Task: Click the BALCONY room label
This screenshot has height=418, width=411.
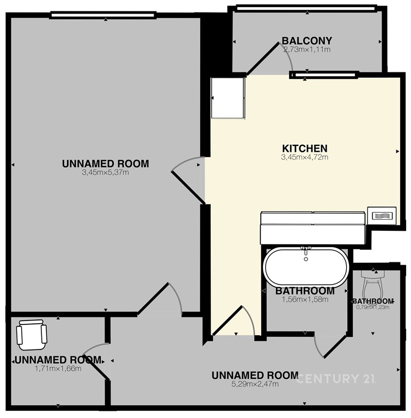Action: tap(307, 41)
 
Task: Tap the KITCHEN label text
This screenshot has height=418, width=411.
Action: tap(305, 149)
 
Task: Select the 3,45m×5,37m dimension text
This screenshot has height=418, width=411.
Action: tap(106, 173)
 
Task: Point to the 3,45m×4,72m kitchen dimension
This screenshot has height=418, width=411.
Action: tap(305, 157)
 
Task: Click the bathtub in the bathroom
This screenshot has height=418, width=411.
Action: tap(305, 267)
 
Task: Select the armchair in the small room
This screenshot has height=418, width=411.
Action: tap(32, 335)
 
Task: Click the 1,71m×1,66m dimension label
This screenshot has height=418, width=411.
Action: tap(58, 368)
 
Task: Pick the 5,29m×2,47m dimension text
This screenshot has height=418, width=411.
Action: tap(255, 384)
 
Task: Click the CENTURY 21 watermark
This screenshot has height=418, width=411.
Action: tap(335, 379)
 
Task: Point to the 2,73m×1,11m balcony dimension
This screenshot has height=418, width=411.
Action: tap(307, 50)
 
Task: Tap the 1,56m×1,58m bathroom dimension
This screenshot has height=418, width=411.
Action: tap(305, 299)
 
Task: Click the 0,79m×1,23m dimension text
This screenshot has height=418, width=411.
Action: tap(372, 307)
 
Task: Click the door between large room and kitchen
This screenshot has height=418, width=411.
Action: tap(188, 181)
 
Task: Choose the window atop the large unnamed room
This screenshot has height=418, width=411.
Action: tap(103, 15)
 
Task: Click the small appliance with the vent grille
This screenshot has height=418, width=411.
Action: tap(382, 216)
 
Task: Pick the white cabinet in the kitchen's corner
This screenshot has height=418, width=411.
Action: tap(228, 98)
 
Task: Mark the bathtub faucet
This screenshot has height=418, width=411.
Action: tap(306, 252)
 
